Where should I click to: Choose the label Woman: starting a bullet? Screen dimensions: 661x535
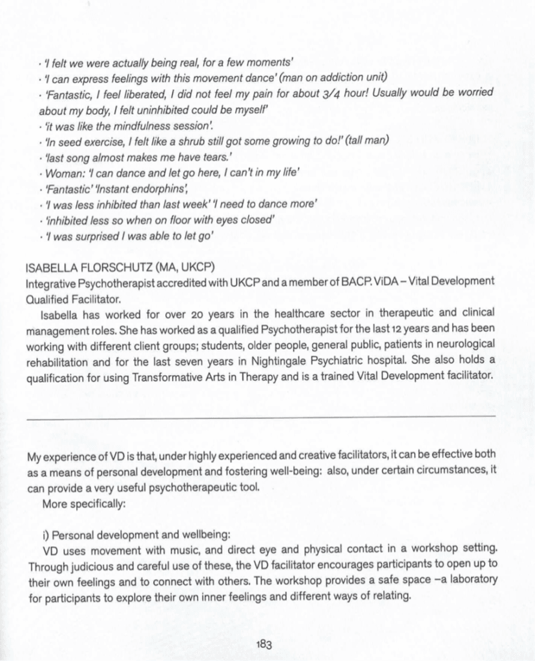[61, 173]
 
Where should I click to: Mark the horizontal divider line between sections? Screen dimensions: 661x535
[261, 418]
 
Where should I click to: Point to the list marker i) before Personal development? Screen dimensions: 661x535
[45, 535]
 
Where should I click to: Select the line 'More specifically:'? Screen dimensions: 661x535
[82, 503]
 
